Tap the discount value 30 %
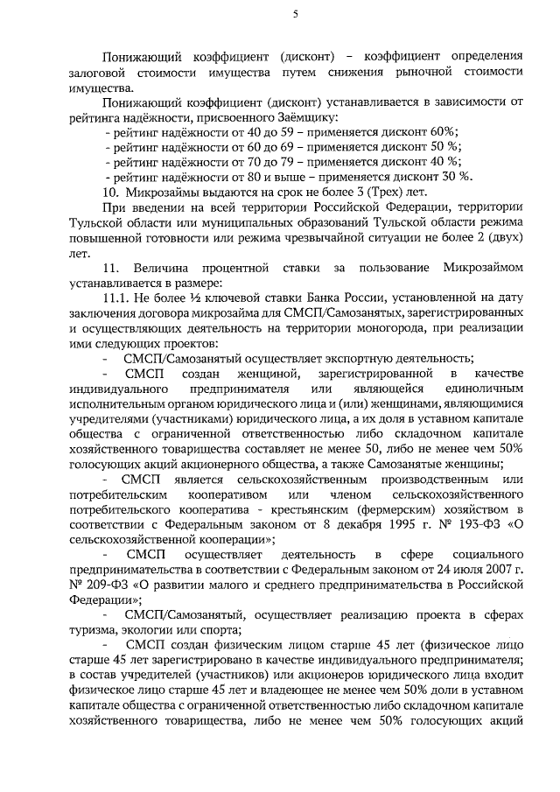coord(455,176)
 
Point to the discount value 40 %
coord(444,161)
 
